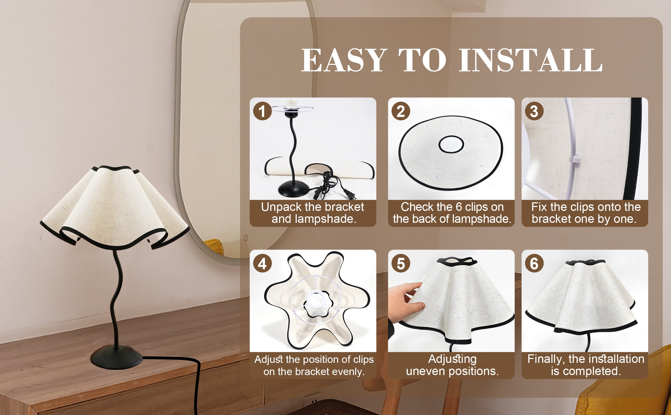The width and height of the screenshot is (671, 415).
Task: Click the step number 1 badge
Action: click(262, 111)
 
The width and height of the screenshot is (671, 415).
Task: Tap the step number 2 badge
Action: click(401, 111)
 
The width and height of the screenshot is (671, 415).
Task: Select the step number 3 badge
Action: click(534, 111)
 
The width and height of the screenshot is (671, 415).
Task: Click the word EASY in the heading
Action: click(344, 60)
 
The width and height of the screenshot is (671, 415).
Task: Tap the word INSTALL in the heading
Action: click(530, 60)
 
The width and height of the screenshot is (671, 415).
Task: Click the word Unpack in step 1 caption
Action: click(281, 207)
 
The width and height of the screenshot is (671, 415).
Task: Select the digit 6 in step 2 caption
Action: click(459, 207)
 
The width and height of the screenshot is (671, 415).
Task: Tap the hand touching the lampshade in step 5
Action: click(405, 302)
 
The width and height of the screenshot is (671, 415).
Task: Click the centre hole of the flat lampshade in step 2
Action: click(451, 144)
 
